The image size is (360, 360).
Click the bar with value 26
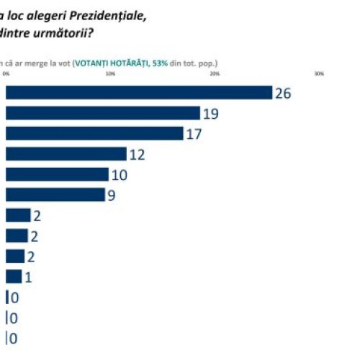tap(139, 93)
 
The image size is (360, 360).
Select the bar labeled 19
tap(103, 113)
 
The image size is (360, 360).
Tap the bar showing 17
tap(94, 133)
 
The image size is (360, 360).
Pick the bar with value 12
tap(66, 154)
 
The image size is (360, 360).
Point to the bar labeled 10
tap(57, 174)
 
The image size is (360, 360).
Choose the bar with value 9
tap(55, 194)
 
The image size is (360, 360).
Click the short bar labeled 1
tap(14, 276)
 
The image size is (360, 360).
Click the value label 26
tap(283, 93)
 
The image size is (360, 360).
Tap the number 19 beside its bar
tap(210, 113)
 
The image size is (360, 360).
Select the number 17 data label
tap(194, 133)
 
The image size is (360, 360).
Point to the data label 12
tap(137, 154)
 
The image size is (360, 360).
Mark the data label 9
tap(112, 194)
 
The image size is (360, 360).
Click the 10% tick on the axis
tap(110, 73)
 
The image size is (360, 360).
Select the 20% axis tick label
tap(215, 73)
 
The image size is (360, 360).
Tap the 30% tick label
tap(319, 73)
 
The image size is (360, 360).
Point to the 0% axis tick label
tap(6, 73)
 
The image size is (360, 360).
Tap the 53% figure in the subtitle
tap(160, 63)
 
